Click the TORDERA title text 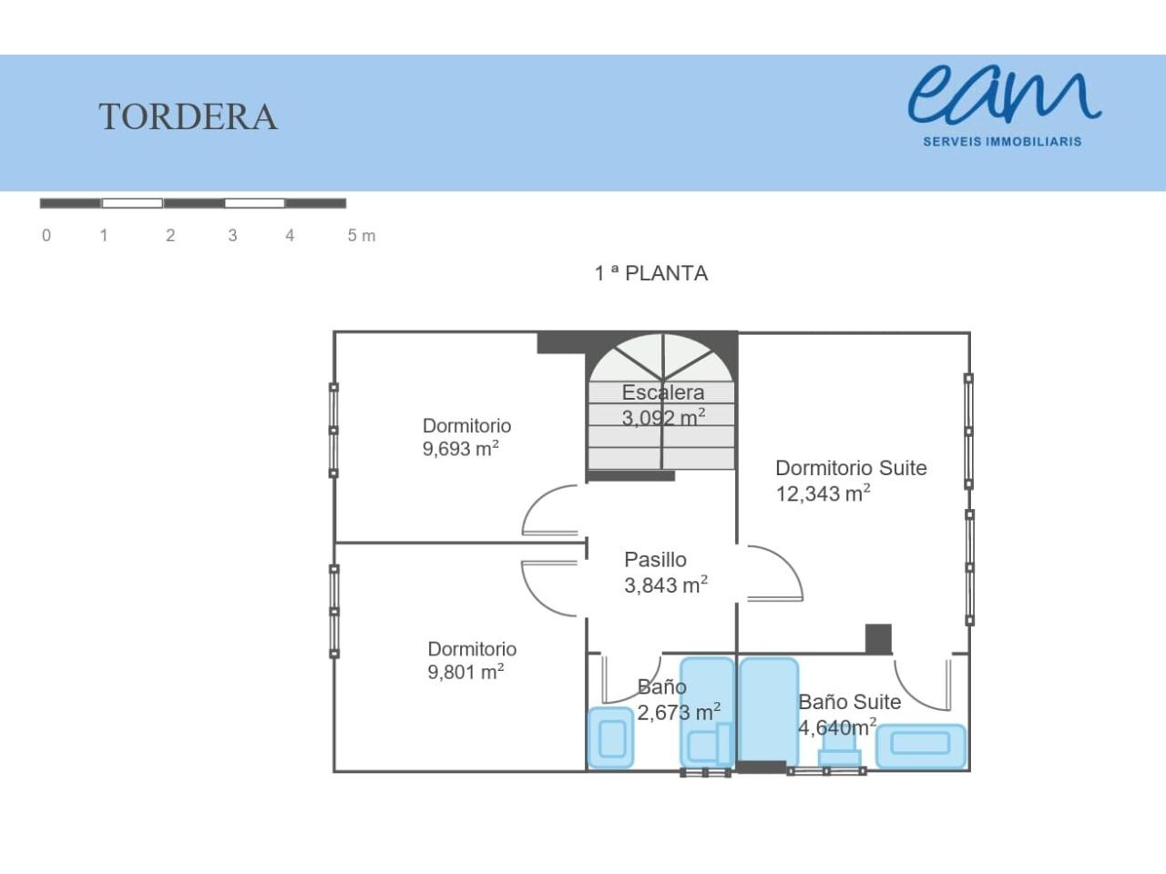point(188,117)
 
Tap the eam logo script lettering point(1004,97)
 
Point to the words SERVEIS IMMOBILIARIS point(1002,142)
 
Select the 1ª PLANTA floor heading point(651,273)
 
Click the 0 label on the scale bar point(46,235)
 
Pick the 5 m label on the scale point(362,235)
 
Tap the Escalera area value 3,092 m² point(663,418)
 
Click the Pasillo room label point(655,559)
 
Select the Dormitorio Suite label point(851,468)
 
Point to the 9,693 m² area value point(461,449)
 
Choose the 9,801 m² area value point(465,672)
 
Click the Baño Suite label point(850,702)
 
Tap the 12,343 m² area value point(823,493)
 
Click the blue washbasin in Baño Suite point(921,746)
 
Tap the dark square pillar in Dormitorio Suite point(879,639)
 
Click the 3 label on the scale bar point(232,235)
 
